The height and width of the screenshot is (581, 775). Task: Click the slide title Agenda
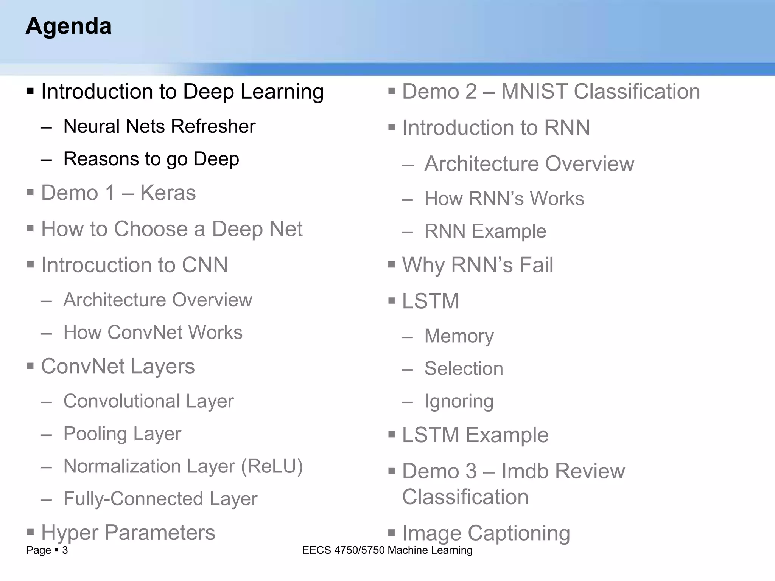68,26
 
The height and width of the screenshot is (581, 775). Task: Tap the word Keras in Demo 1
168,193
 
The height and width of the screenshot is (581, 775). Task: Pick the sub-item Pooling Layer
122,434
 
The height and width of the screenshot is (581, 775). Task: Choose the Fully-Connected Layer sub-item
160,499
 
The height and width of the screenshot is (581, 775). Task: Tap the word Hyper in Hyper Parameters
70,533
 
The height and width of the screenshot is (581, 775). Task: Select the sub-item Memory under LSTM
459,336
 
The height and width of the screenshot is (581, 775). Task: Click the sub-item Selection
464,368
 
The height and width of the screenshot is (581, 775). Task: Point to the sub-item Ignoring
459,401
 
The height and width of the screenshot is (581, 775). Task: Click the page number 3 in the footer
65,550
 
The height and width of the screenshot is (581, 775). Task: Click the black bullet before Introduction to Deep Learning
31,91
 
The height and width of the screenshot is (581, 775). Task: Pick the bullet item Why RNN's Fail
477,265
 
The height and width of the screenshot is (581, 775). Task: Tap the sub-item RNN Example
485,231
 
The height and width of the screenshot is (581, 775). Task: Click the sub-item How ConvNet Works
153,332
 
